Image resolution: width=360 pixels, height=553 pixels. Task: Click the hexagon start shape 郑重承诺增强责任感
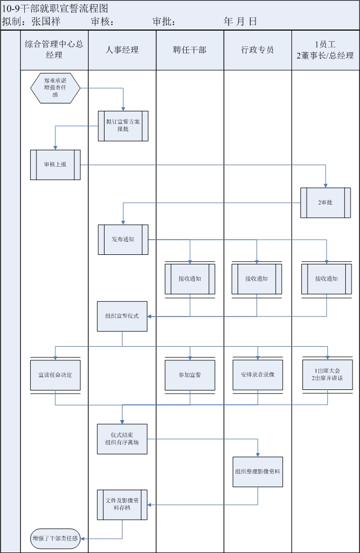(x=55, y=88)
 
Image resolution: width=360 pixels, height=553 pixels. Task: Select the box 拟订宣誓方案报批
(x=123, y=126)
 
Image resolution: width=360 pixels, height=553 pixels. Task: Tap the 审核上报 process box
(x=55, y=165)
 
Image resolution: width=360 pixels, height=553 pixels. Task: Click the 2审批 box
(x=326, y=203)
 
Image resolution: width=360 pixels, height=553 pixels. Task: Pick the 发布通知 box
(x=123, y=240)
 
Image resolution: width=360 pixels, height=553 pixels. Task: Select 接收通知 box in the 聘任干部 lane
(x=190, y=279)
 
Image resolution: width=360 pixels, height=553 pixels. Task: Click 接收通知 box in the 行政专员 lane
(x=257, y=279)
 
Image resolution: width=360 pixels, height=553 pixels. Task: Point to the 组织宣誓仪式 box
(x=122, y=316)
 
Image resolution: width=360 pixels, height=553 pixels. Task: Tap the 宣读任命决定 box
(x=55, y=375)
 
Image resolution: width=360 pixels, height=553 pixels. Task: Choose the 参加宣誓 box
(x=190, y=375)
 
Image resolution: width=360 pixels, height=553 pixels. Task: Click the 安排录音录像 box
(x=258, y=375)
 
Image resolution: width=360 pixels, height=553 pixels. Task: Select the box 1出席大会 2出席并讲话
(x=327, y=375)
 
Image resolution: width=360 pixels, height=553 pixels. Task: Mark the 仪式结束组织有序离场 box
(x=122, y=439)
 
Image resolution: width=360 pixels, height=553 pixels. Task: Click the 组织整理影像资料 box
(x=258, y=472)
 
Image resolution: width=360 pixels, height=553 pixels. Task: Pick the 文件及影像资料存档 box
(x=122, y=504)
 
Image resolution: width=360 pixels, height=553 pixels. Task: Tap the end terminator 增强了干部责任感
(x=55, y=539)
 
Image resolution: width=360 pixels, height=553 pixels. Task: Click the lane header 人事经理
(x=122, y=50)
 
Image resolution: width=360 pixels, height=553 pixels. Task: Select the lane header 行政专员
(x=258, y=50)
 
